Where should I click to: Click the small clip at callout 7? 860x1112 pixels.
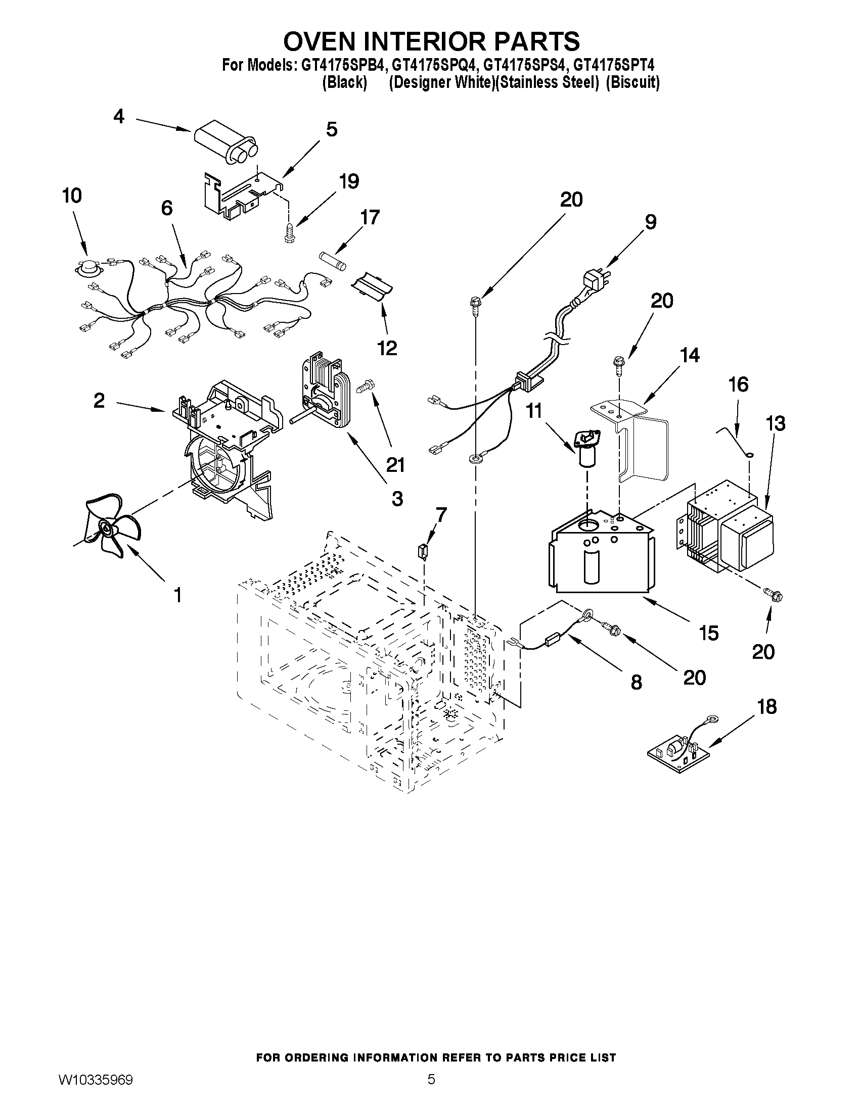click(x=422, y=551)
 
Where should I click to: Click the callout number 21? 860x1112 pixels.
click(x=395, y=465)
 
